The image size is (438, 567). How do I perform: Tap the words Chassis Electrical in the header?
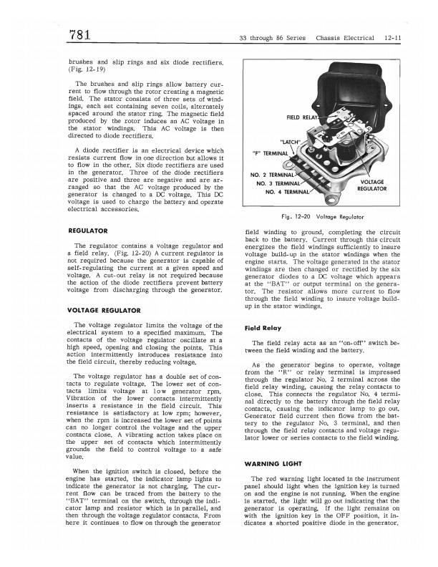click(349, 38)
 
